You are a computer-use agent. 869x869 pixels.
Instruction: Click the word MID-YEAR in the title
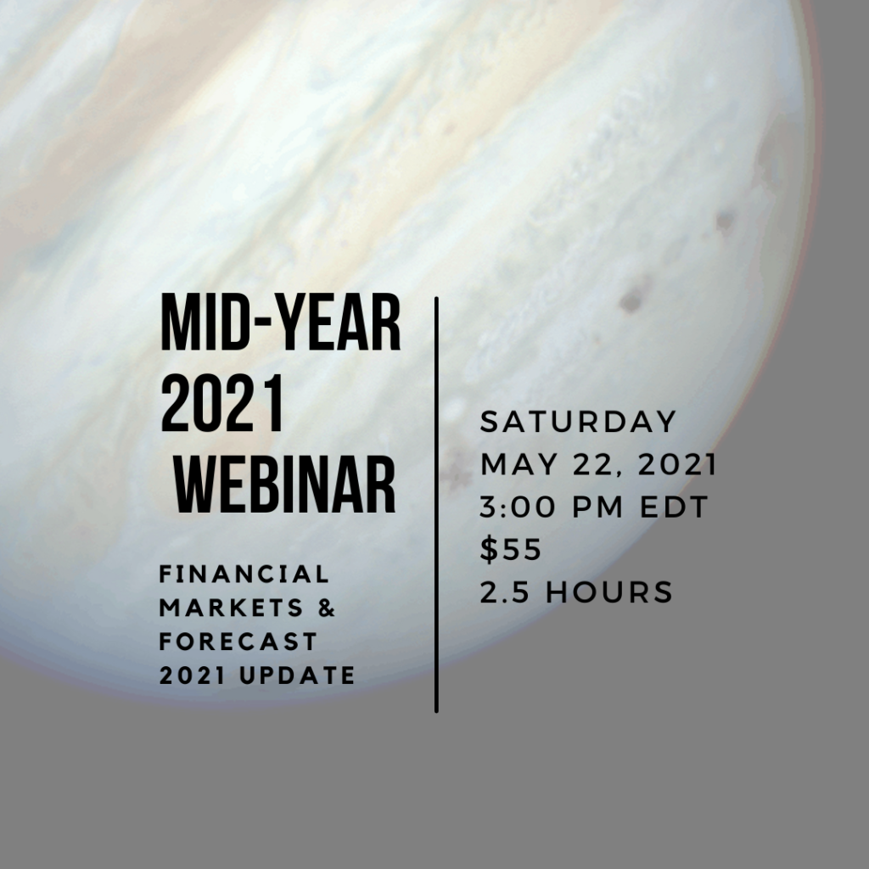pos(280,322)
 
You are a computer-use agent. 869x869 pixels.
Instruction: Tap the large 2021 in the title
pos(221,403)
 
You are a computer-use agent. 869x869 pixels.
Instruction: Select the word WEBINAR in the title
pos(285,485)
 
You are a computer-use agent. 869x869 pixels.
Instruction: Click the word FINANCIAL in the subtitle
pos(244,575)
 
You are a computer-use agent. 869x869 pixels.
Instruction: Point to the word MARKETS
pos(232,608)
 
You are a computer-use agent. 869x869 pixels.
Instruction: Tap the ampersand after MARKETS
pos(328,608)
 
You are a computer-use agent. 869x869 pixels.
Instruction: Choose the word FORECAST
pos(238,642)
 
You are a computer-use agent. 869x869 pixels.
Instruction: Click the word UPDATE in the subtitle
pos(298,676)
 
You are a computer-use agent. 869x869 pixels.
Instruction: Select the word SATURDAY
pos(578,422)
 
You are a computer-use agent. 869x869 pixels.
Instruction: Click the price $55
pos(511,550)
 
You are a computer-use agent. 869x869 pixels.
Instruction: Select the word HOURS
pos(609,592)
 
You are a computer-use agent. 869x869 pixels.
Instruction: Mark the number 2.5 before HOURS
pos(505,592)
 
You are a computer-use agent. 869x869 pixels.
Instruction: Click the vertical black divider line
pos(437,504)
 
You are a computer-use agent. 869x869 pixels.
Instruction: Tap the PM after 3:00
pos(597,507)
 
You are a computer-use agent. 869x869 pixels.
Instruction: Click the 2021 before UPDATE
pos(193,676)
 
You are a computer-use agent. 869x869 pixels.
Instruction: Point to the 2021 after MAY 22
pos(678,464)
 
